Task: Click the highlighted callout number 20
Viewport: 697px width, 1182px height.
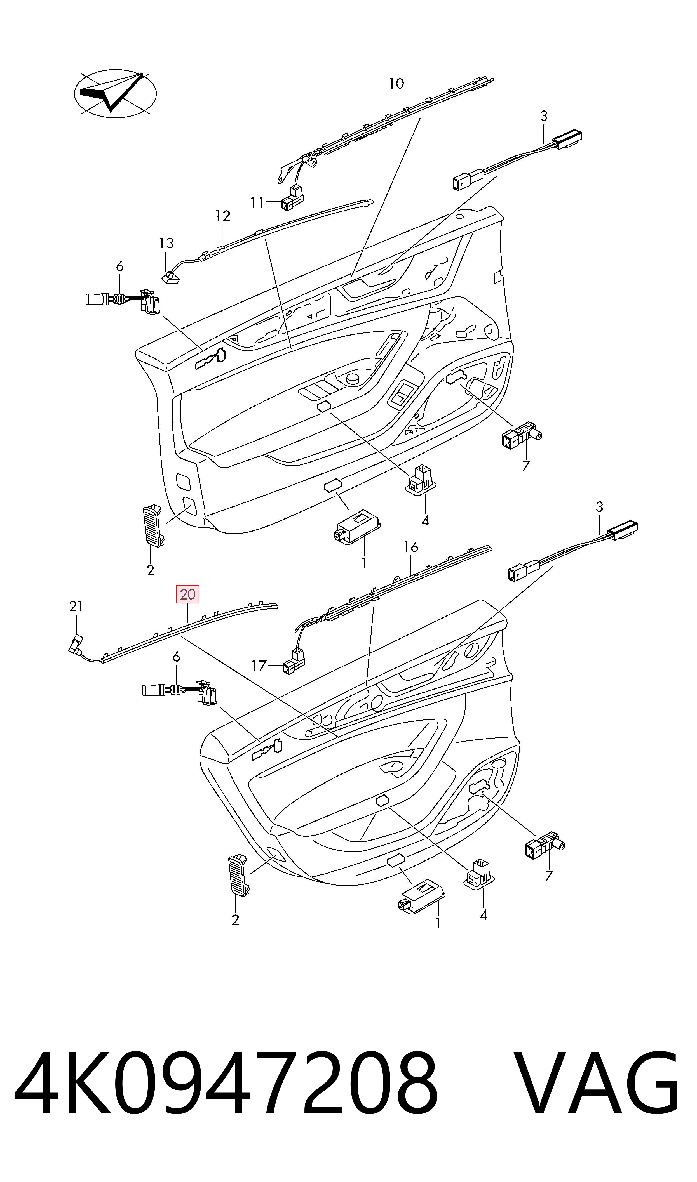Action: coord(187,594)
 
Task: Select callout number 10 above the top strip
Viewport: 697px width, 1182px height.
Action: coord(396,84)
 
